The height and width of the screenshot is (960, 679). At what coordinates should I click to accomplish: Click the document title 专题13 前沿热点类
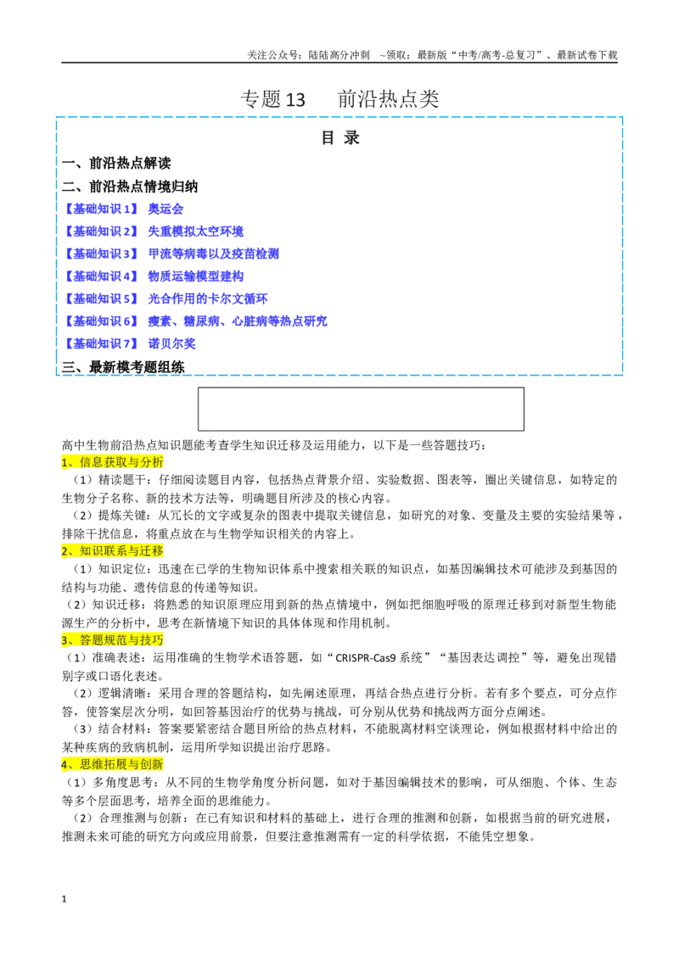[339, 98]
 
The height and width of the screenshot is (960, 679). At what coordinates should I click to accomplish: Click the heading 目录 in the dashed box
[340, 137]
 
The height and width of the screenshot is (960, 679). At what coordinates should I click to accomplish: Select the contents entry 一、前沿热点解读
[116, 164]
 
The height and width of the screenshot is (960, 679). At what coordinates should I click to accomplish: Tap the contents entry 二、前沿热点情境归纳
[130, 186]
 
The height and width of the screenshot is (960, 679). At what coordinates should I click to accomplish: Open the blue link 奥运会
[166, 209]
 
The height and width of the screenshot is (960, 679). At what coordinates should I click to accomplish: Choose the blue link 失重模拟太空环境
[195, 232]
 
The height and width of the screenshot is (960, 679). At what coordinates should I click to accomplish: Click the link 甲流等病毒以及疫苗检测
[213, 254]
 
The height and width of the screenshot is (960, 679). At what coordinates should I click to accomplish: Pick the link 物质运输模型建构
[195, 276]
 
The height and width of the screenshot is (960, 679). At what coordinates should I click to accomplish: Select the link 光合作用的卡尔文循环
[208, 299]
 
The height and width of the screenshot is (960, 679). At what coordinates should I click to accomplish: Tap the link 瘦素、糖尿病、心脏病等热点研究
[237, 321]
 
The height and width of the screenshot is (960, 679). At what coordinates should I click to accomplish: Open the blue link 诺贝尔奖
[171, 343]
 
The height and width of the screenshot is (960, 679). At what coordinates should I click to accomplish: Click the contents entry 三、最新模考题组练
[123, 366]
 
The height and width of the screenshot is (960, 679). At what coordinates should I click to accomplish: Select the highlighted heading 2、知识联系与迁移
[113, 551]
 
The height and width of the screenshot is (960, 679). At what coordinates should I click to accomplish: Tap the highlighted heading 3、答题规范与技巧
[113, 639]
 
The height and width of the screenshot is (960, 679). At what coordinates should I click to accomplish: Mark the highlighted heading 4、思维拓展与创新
[113, 764]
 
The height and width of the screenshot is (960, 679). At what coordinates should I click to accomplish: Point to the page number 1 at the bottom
[64, 899]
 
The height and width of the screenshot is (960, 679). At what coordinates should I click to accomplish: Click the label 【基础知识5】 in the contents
[101, 299]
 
